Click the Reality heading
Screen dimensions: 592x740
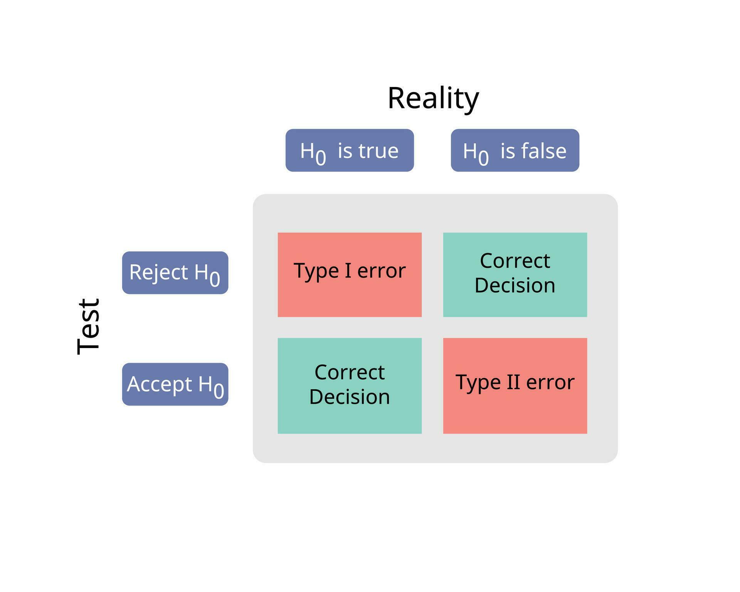tap(433, 98)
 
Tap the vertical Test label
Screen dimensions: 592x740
tap(89, 326)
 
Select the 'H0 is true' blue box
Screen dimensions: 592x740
tap(350, 150)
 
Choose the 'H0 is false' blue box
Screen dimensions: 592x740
tap(515, 150)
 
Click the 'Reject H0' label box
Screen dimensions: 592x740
tap(175, 273)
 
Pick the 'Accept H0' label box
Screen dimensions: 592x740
tap(175, 384)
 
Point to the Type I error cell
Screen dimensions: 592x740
tap(350, 274)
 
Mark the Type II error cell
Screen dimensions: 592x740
tap(515, 386)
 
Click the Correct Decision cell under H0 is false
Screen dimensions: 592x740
tap(515, 274)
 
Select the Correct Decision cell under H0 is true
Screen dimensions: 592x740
tap(350, 386)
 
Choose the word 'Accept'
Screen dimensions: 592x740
tap(160, 384)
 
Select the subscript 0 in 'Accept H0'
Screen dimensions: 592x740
tap(219, 391)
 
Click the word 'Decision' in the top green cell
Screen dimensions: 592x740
tap(515, 286)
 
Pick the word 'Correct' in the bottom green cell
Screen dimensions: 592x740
tap(350, 372)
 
